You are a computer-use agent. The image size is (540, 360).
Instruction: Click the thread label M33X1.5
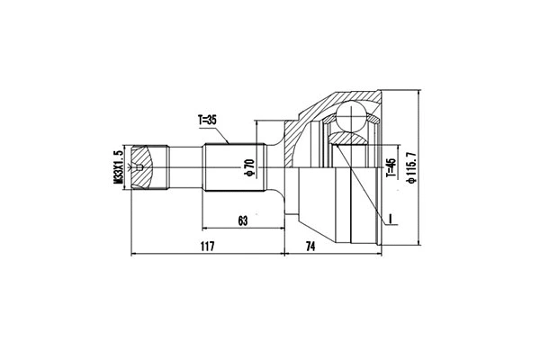[x=118, y=167]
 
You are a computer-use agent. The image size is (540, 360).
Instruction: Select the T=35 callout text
[x=208, y=119]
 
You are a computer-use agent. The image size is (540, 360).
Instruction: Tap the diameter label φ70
[x=247, y=168]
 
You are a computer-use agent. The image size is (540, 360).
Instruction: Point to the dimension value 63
[x=242, y=219]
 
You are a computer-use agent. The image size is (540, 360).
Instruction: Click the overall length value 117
[x=208, y=246]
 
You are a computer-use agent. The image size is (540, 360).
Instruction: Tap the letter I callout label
[x=391, y=217]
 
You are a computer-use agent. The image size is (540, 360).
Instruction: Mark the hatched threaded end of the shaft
[x=148, y=168]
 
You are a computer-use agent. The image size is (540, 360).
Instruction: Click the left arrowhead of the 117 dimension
[x=135, y=254]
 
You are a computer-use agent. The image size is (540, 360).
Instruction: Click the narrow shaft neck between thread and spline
[x=184, y=168]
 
